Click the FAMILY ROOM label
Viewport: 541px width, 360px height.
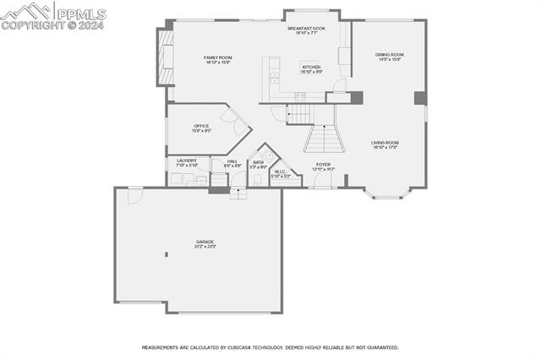(x=217, y=57)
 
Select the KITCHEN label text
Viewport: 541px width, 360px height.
(x=311, y=67)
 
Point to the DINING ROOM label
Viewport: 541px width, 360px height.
(x=389, y=55)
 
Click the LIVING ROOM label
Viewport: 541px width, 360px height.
(x=385, y=143)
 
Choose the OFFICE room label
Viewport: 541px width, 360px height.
(x=201, y=126)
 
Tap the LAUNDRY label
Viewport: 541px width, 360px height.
(x=186, y=160)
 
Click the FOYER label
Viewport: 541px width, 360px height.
(x=324, y=164)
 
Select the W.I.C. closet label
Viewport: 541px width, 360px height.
(x=280, y=172)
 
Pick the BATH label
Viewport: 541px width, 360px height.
(x=258, y=162)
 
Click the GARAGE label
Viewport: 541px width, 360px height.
(x=205, y=242)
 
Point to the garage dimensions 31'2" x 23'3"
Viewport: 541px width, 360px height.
(x=205, y=247)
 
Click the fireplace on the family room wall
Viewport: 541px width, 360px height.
(x=164, y=58)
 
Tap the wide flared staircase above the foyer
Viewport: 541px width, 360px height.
(x=321, y=137)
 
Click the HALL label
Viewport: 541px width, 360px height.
(x=232, y=161)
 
